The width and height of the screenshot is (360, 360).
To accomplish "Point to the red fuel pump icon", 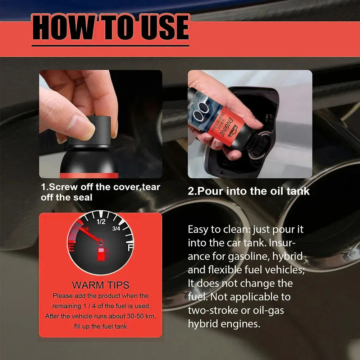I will [102, 253].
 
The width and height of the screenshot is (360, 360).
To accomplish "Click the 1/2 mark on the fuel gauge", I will [101, 222].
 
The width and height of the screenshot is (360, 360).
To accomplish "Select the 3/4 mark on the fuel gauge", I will [116, 228].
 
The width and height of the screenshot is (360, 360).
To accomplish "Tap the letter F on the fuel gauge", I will [129, 248].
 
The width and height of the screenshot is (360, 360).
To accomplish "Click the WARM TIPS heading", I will [100, 285].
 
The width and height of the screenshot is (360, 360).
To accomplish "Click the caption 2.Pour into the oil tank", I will [249, 191].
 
